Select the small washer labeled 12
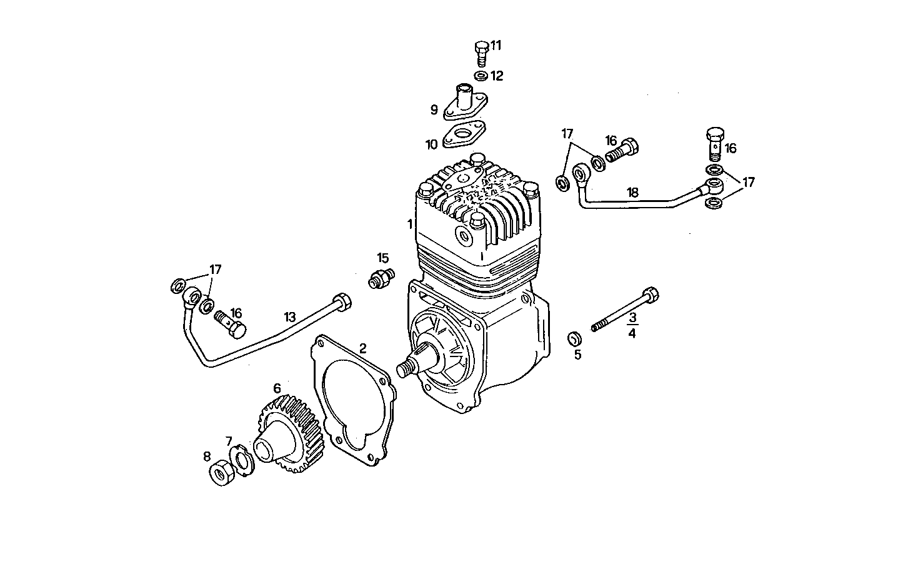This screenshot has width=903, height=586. [x=481, y=76]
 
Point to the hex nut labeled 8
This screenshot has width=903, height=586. [x=220, y=474]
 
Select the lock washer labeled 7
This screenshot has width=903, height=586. [x=241, y=460]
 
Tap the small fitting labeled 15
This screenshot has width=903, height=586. [x=380, y=278]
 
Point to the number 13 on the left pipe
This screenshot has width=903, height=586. [x=289, y=317]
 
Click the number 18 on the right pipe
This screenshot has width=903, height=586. [x=632, y=193]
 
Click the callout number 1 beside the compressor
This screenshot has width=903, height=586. [x=409, y=224]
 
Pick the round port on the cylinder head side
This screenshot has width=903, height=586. [x=464, y=236]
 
